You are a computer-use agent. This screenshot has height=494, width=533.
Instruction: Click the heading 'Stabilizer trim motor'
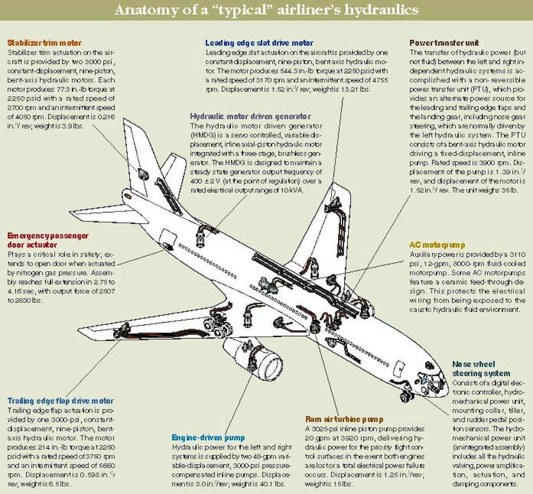44,43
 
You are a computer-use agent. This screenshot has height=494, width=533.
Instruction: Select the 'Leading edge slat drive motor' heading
259,43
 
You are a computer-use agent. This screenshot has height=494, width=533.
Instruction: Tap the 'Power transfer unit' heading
444,43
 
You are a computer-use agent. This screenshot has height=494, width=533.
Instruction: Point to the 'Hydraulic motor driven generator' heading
251,116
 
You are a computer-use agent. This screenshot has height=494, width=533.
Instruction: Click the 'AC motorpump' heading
437,245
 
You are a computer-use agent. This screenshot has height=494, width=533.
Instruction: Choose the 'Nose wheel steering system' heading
481,369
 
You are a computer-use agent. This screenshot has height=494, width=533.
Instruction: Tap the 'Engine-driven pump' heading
208,438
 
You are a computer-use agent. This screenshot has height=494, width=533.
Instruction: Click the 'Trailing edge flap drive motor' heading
60,401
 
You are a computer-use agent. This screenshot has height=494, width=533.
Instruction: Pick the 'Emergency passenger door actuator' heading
48,240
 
